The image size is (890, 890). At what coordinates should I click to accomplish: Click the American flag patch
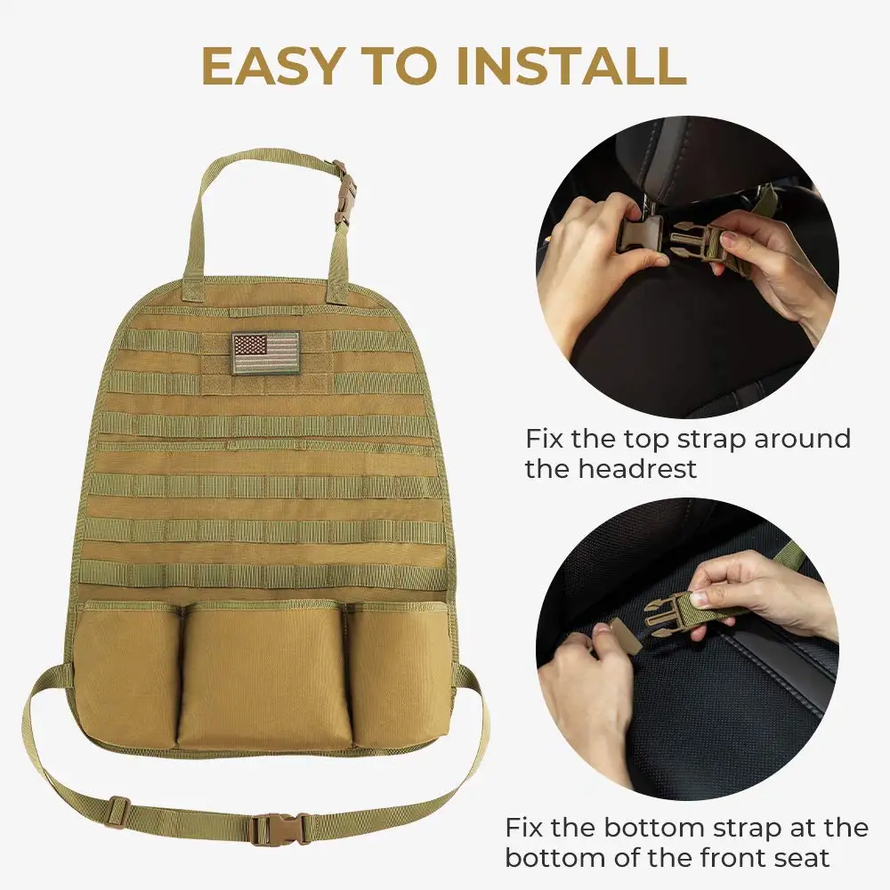(266, 351)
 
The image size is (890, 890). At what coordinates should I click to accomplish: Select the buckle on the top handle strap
(344, 192)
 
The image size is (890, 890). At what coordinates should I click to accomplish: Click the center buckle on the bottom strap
(279, 829)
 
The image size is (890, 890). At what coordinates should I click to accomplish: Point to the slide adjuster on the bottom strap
(117, 812)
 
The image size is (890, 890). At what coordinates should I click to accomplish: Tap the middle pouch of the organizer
(264, 676)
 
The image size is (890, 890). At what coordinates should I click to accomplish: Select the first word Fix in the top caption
(545, 439)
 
